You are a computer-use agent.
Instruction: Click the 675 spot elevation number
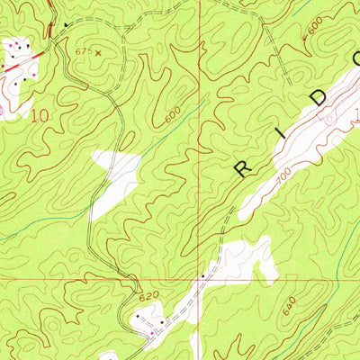click(84, 51)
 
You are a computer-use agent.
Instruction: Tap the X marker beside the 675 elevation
click(98, 52)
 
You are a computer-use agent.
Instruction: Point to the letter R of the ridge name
click(243, 167)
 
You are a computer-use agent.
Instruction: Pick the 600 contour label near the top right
click(311, 30)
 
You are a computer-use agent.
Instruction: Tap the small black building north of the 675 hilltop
click(66, 22)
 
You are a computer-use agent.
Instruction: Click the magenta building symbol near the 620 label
click(151, 334)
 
